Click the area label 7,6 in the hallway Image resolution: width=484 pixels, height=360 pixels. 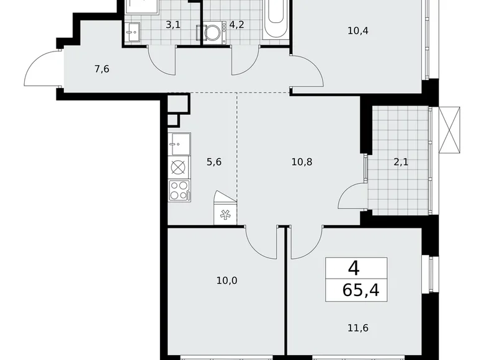pyautogui.click(x=102, y=69)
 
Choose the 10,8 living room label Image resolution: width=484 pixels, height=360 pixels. pyautogui.click(x=302, y=163)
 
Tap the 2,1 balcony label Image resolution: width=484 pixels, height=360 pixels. pyautogui.click(x=400, y=163)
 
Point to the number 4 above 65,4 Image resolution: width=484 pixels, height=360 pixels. pyautogui.click(x=353, y=268)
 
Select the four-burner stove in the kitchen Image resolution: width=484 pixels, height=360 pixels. pyautogui.click(x=178, y=190)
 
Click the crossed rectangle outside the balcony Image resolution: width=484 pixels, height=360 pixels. pyautogui.click(x=450, y=129)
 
